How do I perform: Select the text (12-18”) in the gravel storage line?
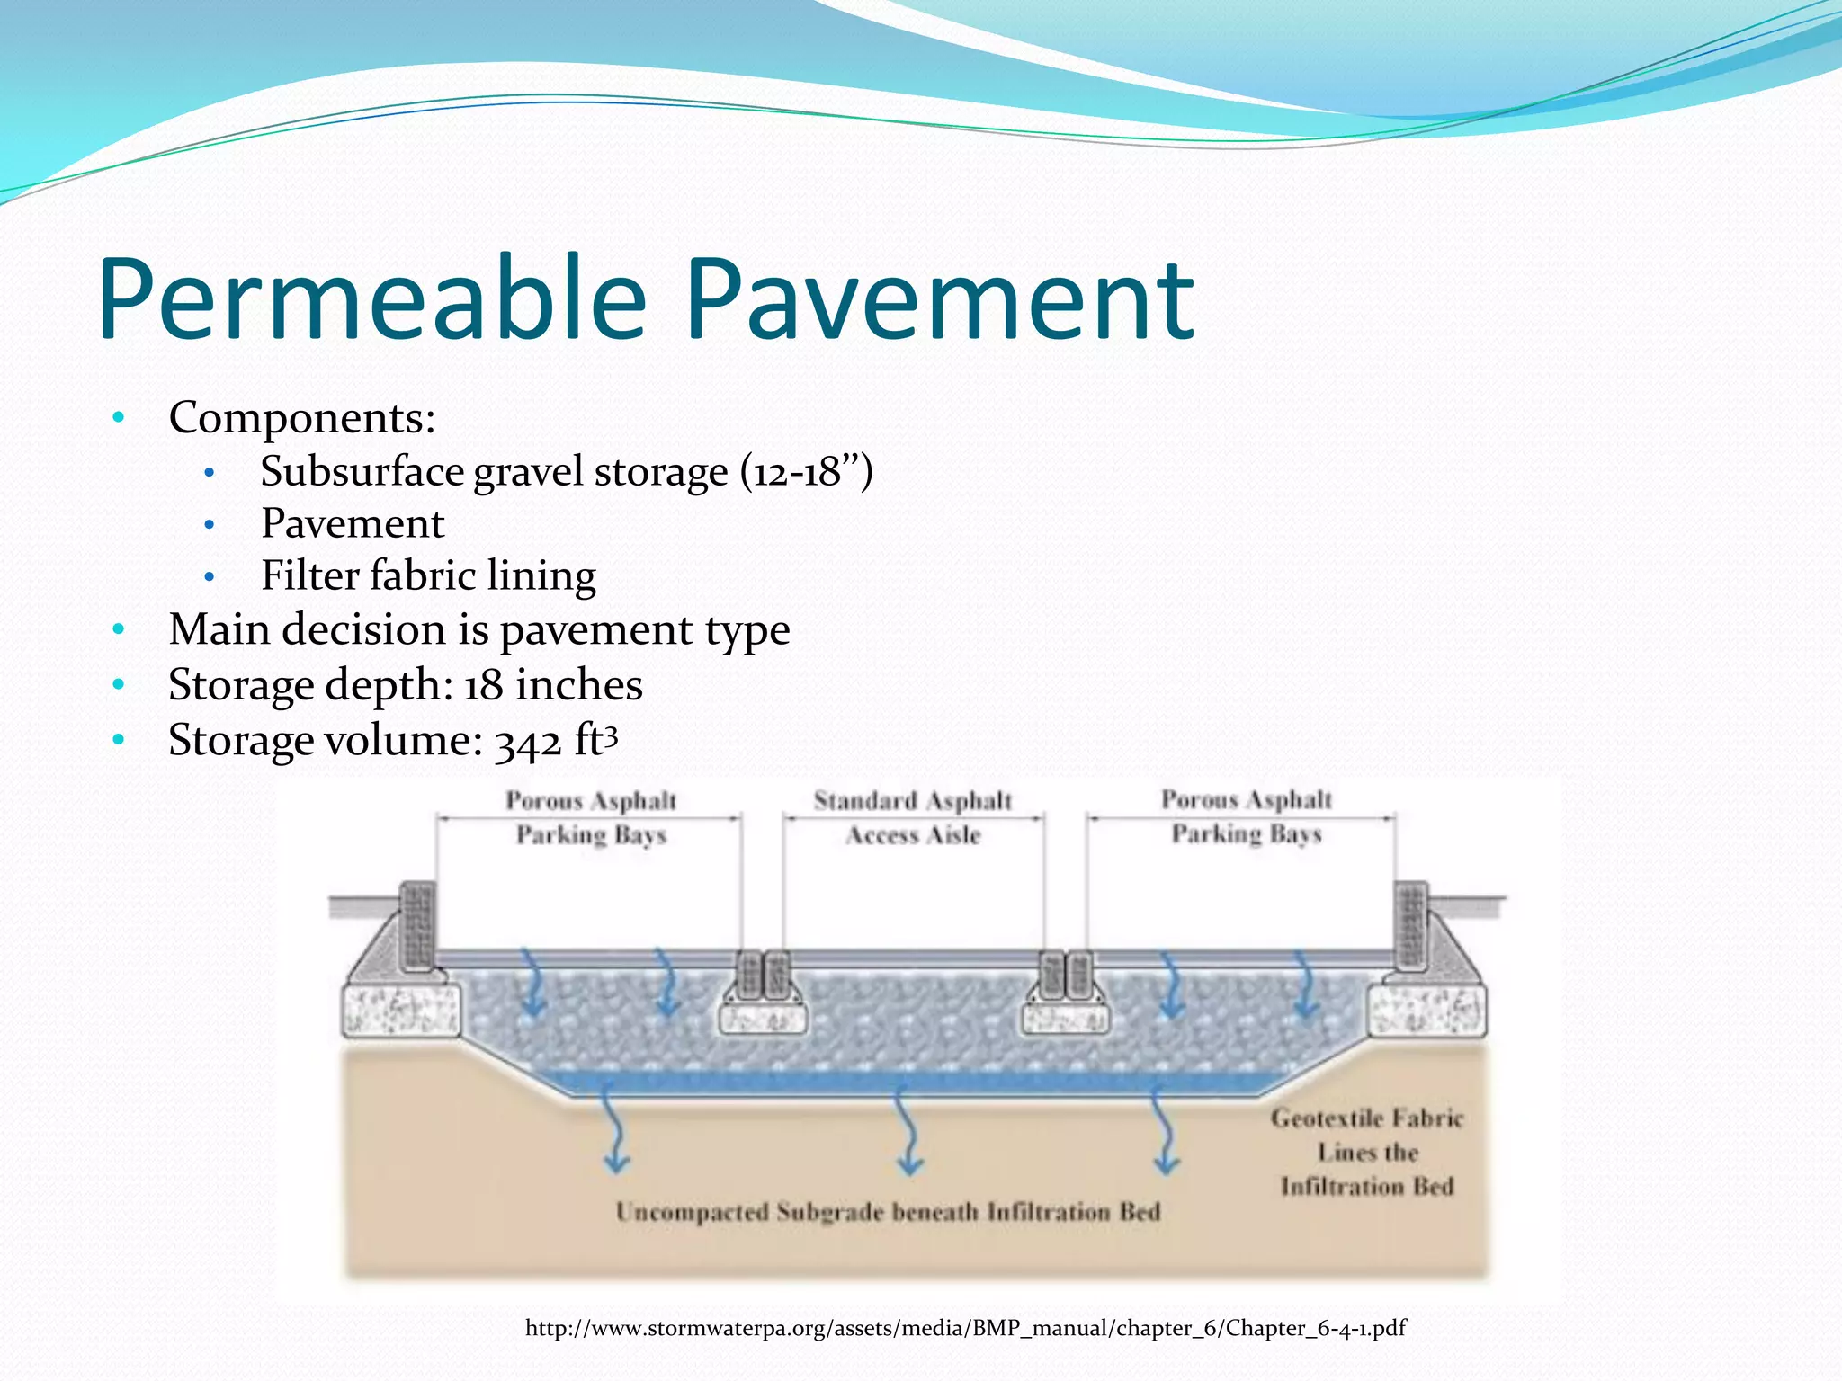coord(806,471)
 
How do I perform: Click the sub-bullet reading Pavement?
coord(353,523)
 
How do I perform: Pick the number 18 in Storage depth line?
coord(483,685)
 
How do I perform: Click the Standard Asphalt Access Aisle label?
coord(913,817)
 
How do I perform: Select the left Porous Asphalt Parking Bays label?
coord(591,817)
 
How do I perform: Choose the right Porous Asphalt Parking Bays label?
coord(1247,816)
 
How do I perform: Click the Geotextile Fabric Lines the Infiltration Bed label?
coord(1367,1153)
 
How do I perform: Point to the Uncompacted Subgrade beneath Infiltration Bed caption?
coord(888,1212)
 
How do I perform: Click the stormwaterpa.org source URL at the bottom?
coord(965,1328)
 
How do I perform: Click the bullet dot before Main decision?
coord(118,628)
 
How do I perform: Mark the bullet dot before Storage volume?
coord(118,740)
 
